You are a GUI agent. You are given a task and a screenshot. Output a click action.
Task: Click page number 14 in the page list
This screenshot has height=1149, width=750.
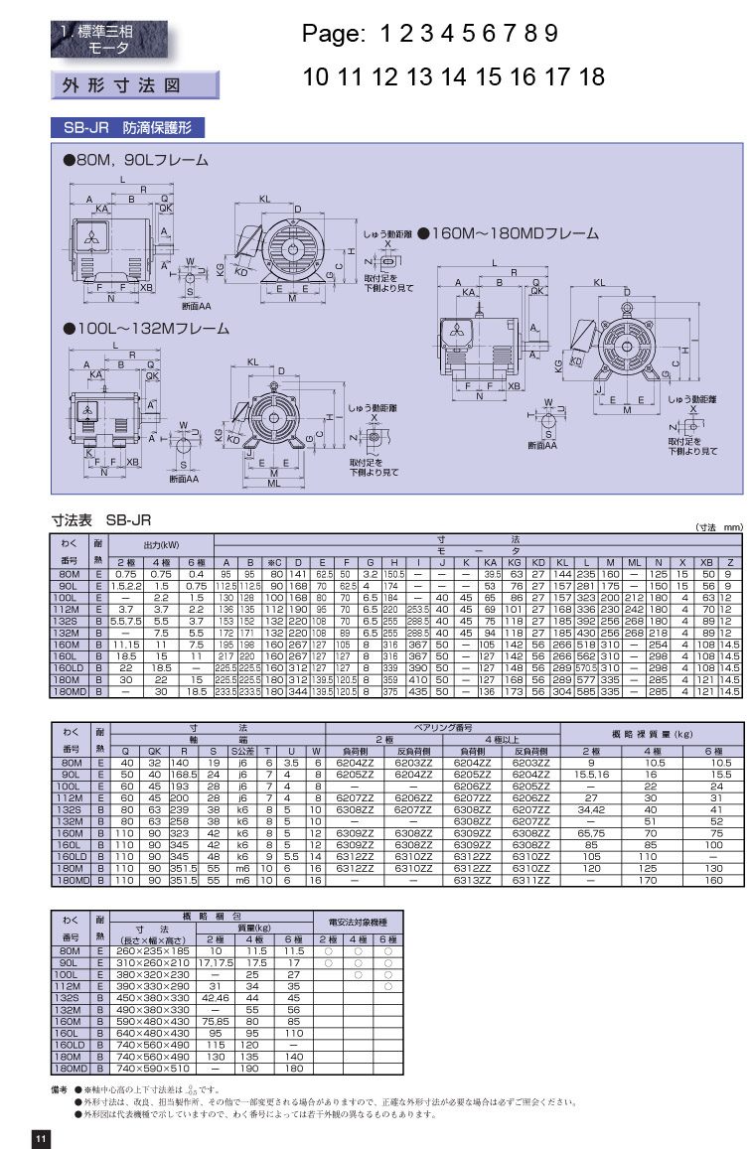tap(452, 76)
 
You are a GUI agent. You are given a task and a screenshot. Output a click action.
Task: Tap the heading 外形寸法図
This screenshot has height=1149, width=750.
tap(134, 85)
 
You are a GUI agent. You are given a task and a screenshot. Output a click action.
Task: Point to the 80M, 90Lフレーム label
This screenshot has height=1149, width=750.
tap(137, 160)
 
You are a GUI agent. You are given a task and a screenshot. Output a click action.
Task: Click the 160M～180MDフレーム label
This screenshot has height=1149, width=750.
tap(509, 234)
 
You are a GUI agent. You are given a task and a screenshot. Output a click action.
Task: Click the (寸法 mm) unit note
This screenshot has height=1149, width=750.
tap(717, 527)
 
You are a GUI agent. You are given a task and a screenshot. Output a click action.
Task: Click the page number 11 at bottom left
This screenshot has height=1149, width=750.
tap(41, 1138)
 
